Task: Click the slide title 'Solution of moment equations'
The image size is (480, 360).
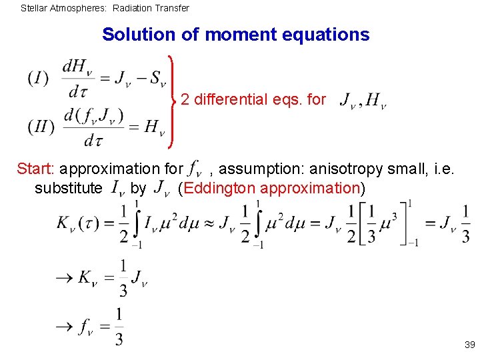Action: point(235,35)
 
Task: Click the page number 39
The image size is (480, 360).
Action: point(469,345)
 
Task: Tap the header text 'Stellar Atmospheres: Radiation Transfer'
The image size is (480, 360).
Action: point(105,9)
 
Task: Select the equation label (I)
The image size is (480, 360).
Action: point(38,79)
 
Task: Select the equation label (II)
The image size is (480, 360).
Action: point(41,126)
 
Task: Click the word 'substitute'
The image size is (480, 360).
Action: point(69,188)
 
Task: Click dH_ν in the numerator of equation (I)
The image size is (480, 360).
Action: point(79,67)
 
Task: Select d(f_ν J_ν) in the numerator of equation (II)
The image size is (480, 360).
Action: point(93,115)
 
